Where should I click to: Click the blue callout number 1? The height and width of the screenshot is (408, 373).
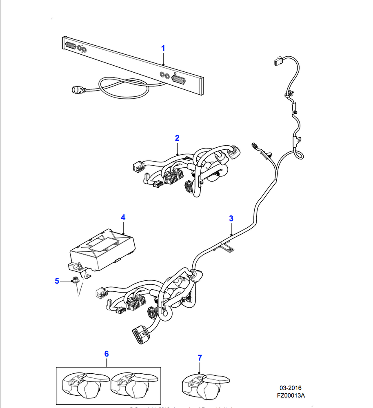(163, 48)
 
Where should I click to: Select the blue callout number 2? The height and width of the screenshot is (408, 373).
(177, 138)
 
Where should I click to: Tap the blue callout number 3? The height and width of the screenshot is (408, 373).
(231, 218)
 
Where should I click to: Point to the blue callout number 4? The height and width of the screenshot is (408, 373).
(123, 217)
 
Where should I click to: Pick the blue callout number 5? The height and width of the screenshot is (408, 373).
(57, 281)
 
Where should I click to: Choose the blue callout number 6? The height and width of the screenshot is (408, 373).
(107, 354)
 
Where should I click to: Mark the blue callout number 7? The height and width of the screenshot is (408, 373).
(200, 358)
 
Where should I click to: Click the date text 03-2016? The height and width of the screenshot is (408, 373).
(291, 388)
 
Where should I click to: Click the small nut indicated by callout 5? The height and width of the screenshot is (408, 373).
(75, 280)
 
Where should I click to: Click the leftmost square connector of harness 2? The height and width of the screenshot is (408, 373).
(137, 166)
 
